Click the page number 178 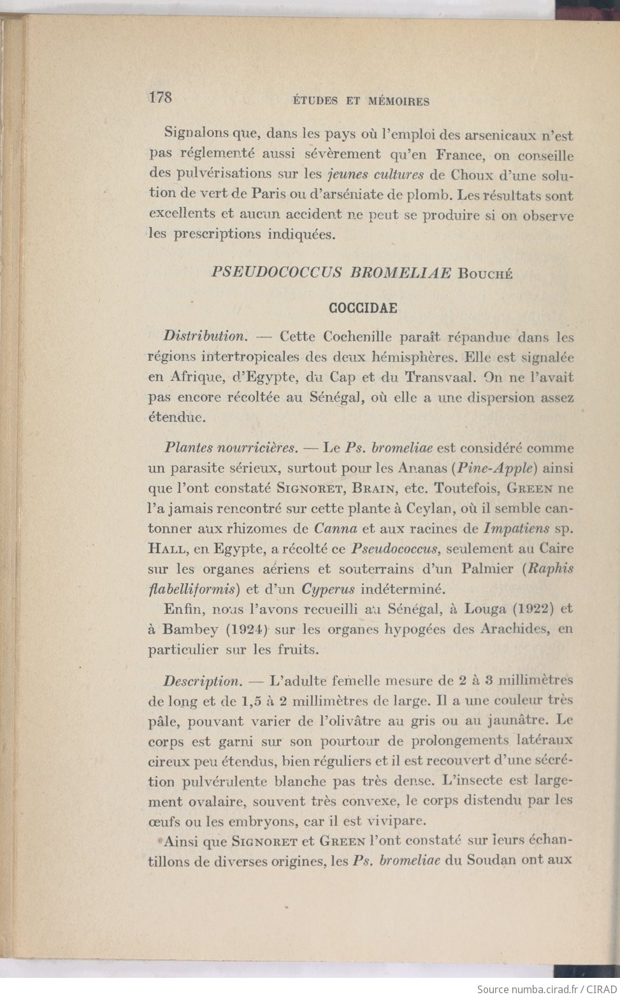tap(161, 97)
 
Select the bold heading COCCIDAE tap(363, 308)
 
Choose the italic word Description tap(201, 681)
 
